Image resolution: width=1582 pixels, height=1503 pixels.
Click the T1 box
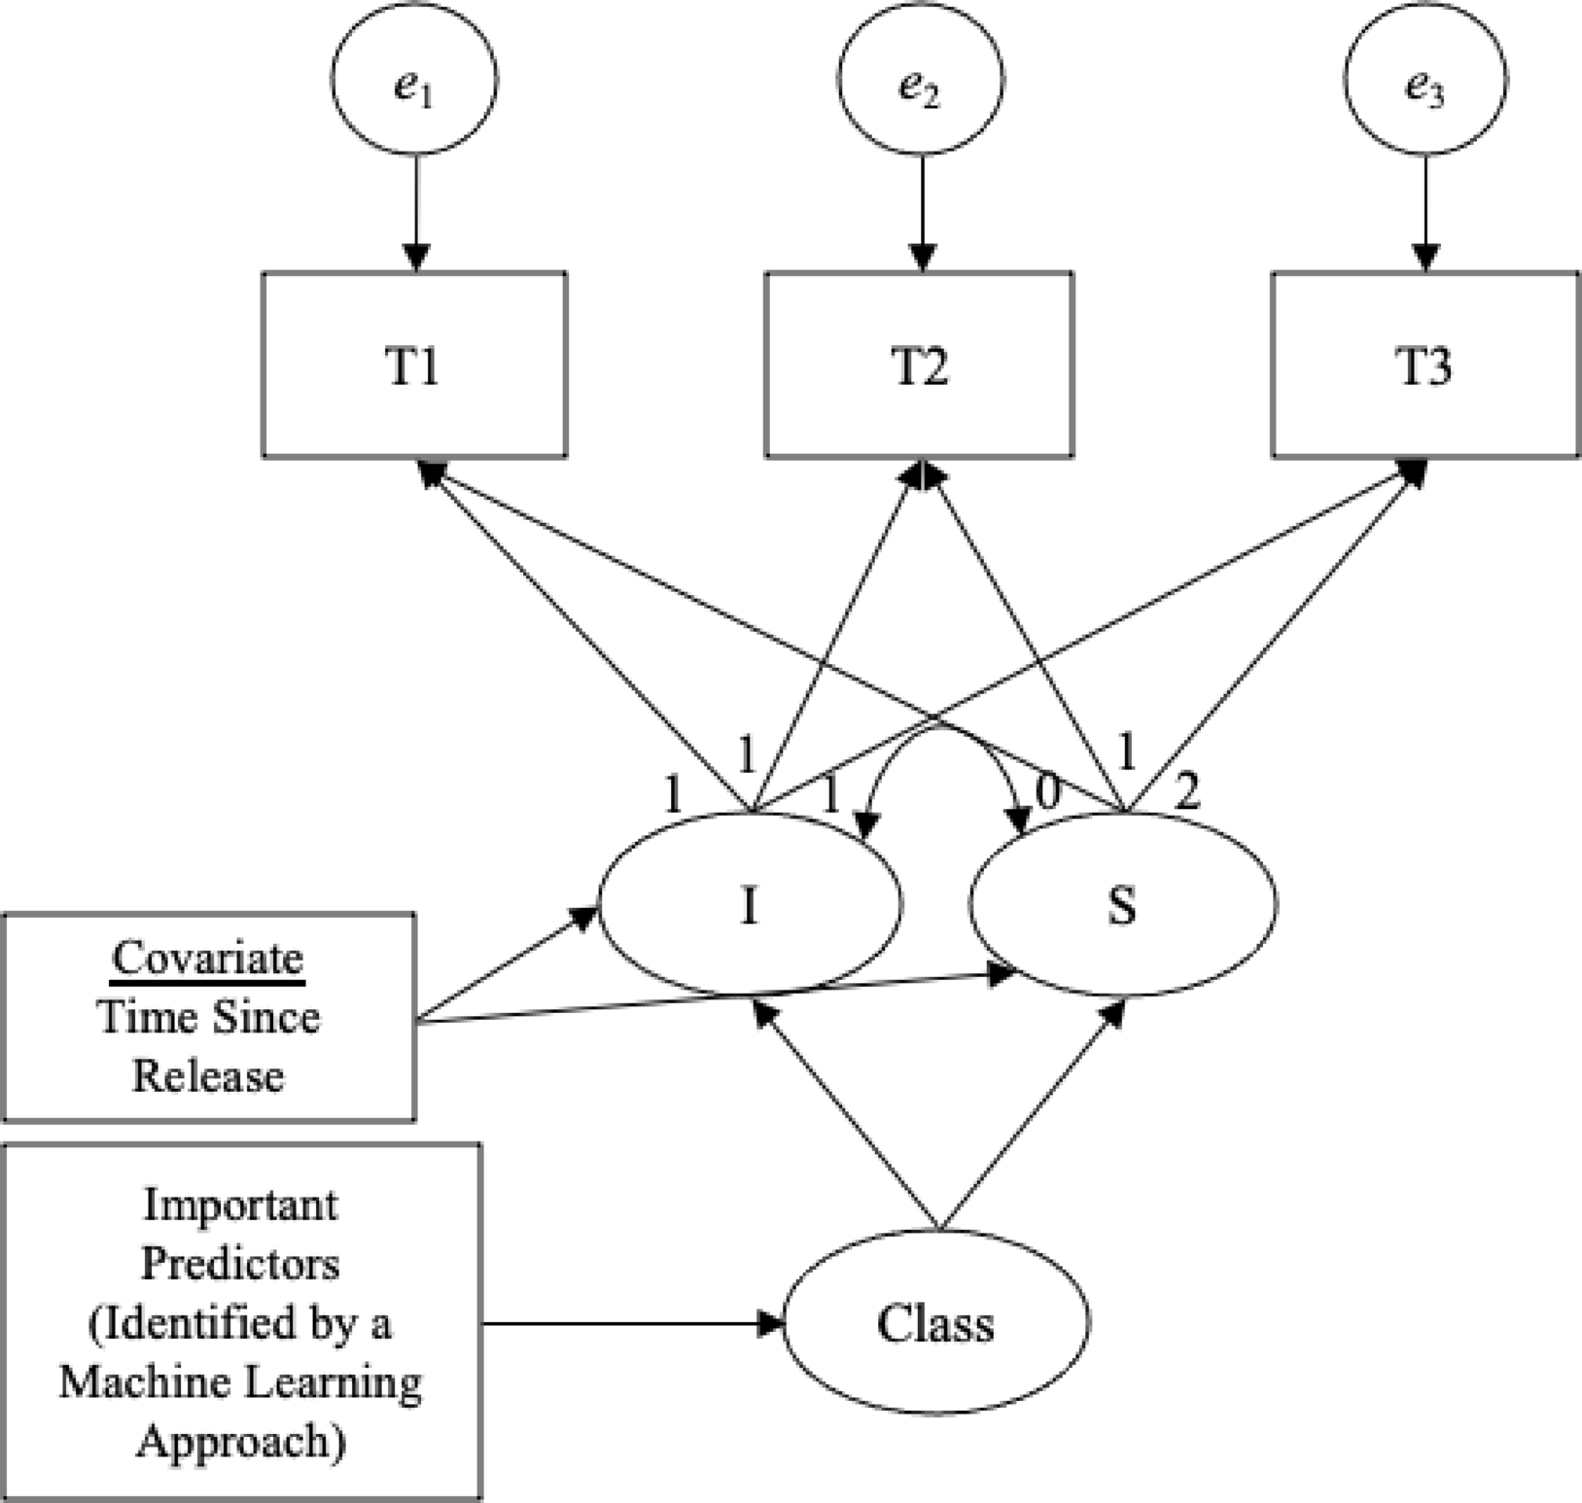click(x=414, y=364)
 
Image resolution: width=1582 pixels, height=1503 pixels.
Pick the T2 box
click(x=920, y=364)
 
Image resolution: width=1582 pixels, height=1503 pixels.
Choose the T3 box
click(x=1425, y=364)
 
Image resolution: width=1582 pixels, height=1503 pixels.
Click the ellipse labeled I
click(x=749, y=904)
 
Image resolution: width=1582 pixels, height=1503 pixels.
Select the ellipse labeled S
click(x=1122, y=904)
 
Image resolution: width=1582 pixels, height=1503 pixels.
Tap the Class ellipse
click(x=935, y=1322)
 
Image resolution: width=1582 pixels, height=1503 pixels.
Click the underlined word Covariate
click(x=208, y=959)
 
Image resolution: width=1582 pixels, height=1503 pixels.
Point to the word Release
click(x=208, y=1076)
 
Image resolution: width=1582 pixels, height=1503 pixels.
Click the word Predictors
click(x=240, y=1264)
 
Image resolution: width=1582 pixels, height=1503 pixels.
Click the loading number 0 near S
click(x=1047, y=793)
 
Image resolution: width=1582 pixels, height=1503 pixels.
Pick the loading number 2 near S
click(x=1187, y=793)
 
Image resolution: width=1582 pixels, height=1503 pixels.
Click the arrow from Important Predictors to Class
click(x=632, y=1322)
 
